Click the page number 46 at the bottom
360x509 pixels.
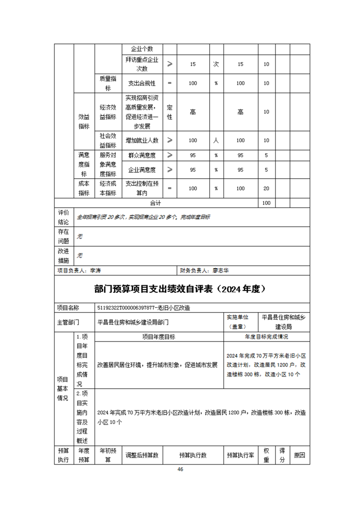click(x=180, y=469)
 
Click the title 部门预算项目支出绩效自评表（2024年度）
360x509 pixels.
click(x=180, y=289)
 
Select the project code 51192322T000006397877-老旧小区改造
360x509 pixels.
click(x=143, y=308)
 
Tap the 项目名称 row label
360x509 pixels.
click(x=68, y=308)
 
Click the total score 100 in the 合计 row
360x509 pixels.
click(x=266, y=203)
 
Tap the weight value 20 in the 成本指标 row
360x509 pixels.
click(x=266, y=188)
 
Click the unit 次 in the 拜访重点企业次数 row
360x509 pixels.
click(x=216, y=64)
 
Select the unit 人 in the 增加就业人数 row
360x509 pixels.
click(x=216, y=141)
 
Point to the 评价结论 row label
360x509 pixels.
click(x=64, y=217)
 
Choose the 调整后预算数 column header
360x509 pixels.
click(x=142, y=455)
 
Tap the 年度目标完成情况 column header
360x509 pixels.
click(x=266, y=337)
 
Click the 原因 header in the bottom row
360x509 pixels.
click(x=299, y=455)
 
